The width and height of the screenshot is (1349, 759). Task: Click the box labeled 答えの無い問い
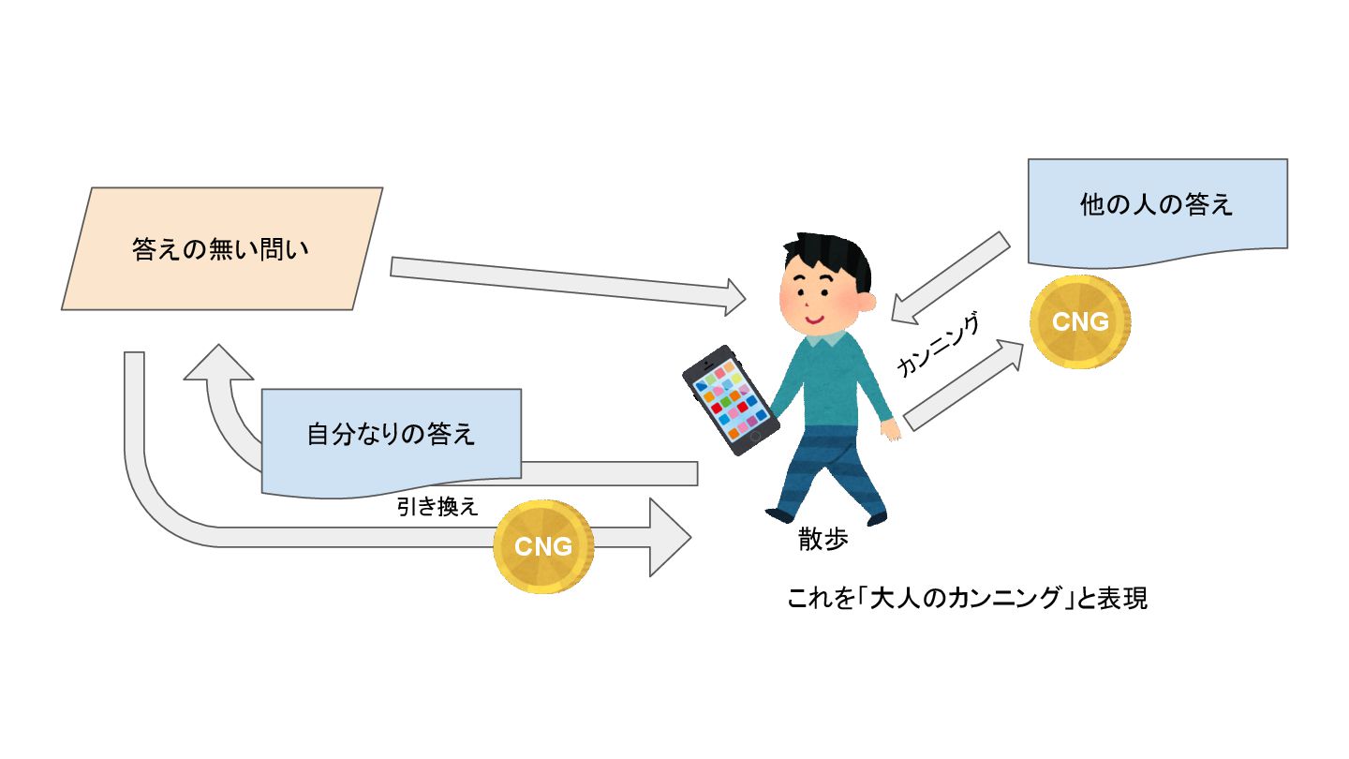[x=221, y=249]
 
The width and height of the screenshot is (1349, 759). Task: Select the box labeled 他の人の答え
[x=1157, y=206]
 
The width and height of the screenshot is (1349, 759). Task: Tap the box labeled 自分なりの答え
[x=391, y=435]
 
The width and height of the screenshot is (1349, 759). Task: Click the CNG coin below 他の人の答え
[x=1080, y=321]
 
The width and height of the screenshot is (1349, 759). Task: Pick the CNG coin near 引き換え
[x=543, y=546]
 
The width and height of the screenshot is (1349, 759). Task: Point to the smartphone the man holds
[x=731, y=401]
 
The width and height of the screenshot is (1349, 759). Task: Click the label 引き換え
[x=437, y=507]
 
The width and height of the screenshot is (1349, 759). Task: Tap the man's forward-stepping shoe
[x=779, y=514]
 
